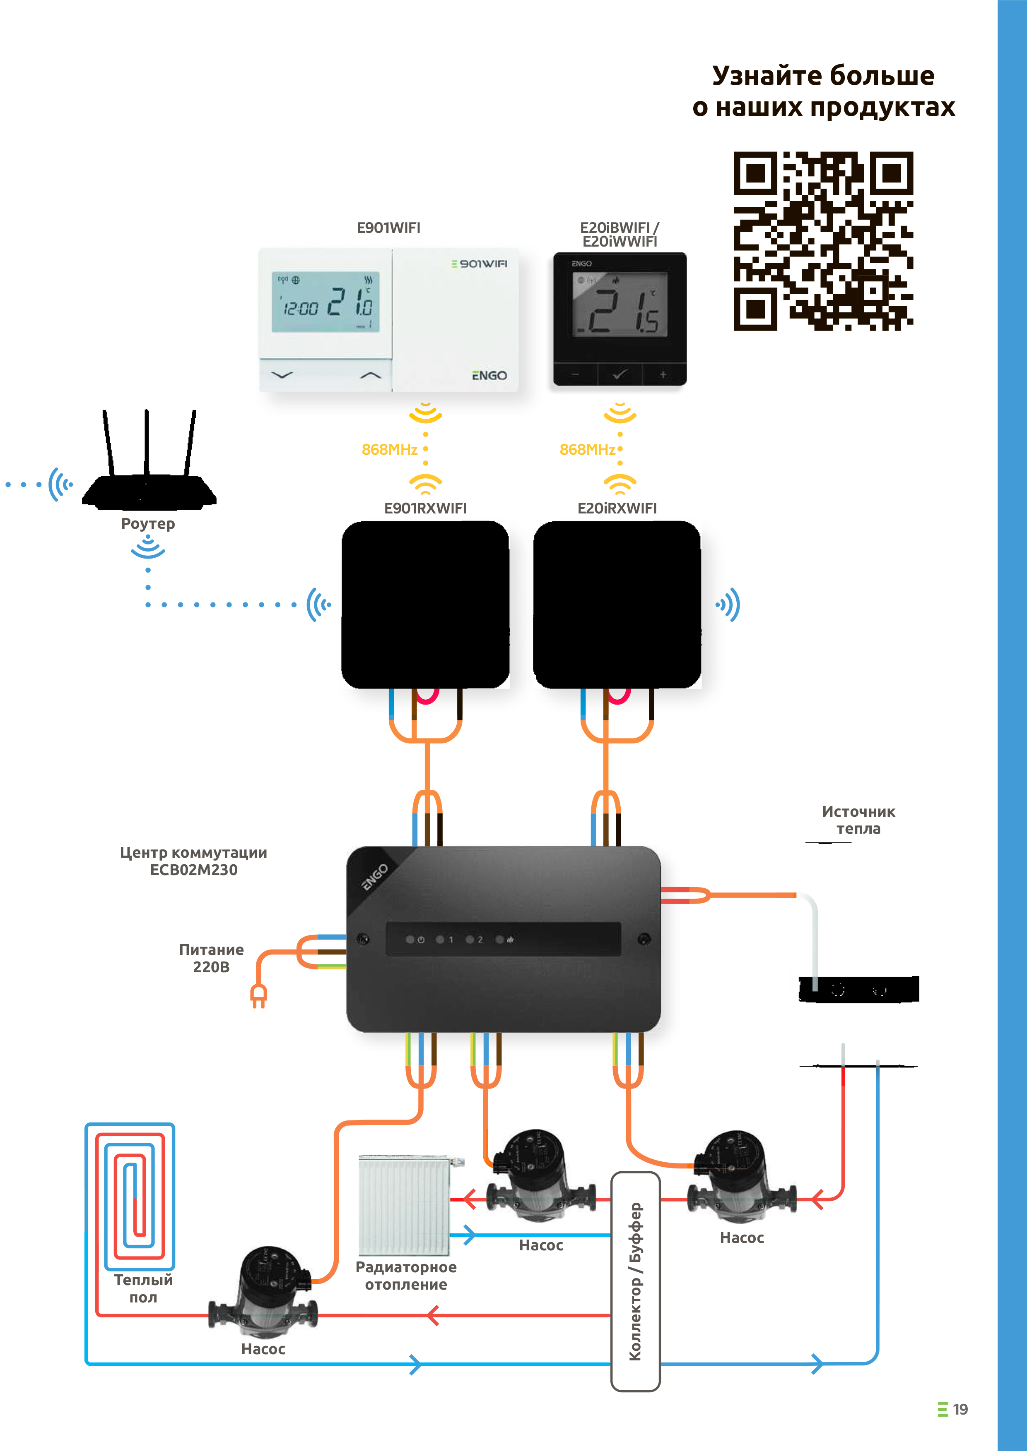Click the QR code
823,241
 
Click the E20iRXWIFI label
617,508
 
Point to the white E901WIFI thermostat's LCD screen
325,302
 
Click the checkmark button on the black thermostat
620,374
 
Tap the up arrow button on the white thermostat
371,375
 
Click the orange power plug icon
259,997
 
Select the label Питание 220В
211,958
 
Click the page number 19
960,1409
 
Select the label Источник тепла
858,820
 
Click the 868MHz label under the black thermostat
588,449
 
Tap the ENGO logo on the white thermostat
489,375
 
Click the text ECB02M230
193,870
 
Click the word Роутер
148,524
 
